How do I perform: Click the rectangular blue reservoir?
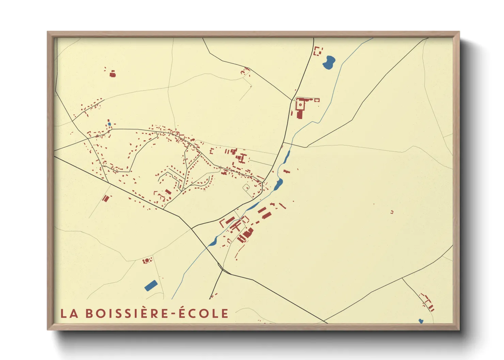[151, 285]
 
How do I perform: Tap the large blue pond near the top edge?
[329, 62]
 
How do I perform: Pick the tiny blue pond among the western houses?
[109, 124]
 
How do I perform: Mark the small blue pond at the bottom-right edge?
[421, 321]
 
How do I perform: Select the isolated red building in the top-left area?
[112, 73]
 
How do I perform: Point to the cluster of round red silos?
[147, 261]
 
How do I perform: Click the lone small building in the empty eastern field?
[392, 212]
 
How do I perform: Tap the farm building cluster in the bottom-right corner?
[428, 302]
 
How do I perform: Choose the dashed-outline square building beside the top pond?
[318, 51]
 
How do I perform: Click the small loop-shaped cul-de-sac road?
[246, 187]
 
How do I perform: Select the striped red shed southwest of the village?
[106, 198]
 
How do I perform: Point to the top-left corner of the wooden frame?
[48, 32]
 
